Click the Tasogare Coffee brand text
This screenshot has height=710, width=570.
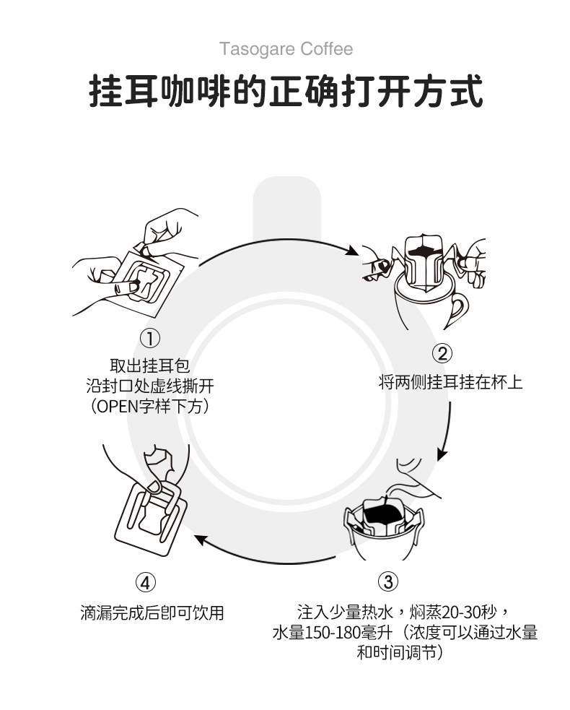pos(286,49)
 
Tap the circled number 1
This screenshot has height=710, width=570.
pos(150,338)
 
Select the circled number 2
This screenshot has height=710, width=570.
pos(442,353)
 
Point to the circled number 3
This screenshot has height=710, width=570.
pos(387,581)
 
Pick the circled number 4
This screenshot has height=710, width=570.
pos(145,582)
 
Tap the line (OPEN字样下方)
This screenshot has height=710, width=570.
pos(150,406)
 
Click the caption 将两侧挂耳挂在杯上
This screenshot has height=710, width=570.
pos(450,382)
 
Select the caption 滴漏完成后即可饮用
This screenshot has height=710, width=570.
pos(152,612)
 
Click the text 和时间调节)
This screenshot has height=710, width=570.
pos(400,652)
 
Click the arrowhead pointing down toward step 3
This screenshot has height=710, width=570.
pos(443,454)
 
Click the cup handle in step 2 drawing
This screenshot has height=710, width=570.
pos(457,310)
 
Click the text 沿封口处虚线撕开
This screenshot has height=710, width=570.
pos(150,386)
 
